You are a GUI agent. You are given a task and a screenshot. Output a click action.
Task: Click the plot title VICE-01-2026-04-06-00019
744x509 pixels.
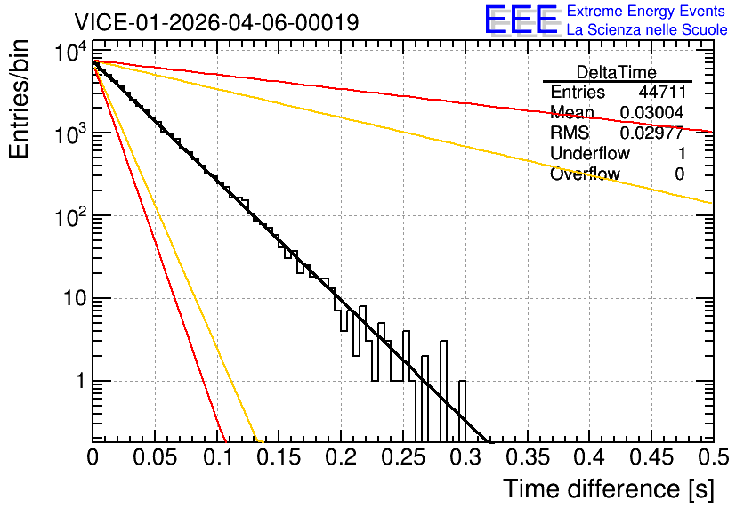pos(217,22)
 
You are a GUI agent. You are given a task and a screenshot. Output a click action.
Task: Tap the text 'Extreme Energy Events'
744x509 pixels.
pos(646,11)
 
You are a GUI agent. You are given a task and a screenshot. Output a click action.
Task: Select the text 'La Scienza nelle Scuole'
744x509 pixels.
pos(647,29)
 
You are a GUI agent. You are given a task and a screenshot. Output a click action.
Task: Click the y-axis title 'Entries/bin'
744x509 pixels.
pos(19,99)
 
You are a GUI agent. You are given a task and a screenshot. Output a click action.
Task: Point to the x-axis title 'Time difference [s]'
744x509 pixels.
pos(609,489)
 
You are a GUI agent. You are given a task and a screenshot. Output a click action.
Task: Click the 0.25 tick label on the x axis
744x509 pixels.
pos(404,457)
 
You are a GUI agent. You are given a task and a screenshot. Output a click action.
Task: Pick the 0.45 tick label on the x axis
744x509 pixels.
pos(651,457)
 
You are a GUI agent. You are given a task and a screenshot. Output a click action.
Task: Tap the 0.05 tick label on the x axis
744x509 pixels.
pos(155,457)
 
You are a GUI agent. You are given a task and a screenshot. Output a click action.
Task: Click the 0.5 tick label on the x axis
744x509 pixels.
pos(713,457)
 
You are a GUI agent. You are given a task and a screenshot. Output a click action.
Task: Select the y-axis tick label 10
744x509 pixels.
pos(75,299)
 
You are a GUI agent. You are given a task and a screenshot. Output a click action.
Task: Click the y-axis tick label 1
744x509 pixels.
pos(80,381)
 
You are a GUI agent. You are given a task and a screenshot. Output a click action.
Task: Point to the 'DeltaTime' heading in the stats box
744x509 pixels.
pos(617,72)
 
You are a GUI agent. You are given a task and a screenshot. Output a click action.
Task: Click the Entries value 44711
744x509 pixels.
pos(662,92)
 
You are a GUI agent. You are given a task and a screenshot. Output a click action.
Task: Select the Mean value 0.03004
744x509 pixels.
pos(652,112)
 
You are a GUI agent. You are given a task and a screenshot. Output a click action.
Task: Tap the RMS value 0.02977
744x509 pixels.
pos(652,133)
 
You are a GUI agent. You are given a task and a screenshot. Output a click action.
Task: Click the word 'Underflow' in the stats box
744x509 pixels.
pos(590,153)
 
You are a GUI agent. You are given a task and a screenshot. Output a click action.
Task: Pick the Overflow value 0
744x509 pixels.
pos(680,174)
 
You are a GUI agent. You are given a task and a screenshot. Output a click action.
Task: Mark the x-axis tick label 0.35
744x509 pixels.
pos(528,457)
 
